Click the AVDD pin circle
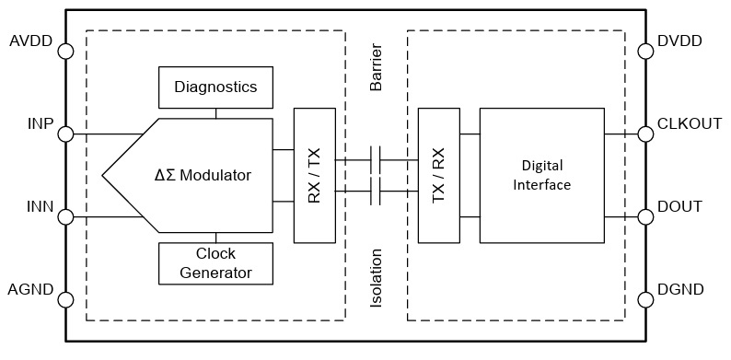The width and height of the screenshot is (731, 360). point(65,52)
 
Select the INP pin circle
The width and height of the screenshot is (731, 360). point(65,134)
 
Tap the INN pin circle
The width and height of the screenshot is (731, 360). point(65,217)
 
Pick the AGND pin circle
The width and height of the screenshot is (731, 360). point(65,299)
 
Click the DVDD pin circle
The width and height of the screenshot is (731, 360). point(644,52)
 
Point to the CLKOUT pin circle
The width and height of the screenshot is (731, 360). point(644,134)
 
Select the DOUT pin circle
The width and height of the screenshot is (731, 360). point(644,217)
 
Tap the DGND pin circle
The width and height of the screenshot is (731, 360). point(644,299)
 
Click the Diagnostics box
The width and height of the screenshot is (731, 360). point(215,87)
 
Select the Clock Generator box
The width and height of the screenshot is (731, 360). point(215,263)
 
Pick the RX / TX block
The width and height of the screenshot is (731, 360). point(314,175)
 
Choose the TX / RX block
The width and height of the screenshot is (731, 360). point(438,175)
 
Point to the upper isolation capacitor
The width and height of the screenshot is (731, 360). point(376,159)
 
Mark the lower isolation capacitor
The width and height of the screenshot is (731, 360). point(376,192)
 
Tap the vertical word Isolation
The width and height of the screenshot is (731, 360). point(376,277)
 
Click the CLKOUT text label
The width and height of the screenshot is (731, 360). point(690,123)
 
